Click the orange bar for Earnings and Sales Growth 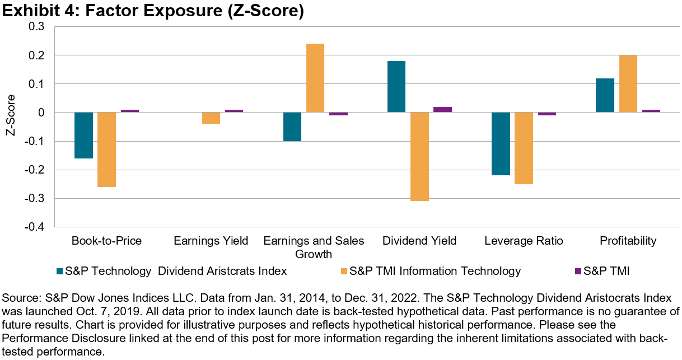tap(315, 78)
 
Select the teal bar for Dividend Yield tap(396, 87)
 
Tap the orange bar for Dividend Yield tap(419, 156)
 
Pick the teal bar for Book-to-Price tap(83, 135)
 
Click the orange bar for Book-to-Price tap(106, 149)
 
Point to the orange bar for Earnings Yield tap(211, 118)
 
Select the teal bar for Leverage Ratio tap(501, 144)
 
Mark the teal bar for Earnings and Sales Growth tap(292, 127)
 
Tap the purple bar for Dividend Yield tap(442, 110)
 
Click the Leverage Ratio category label tap(524, 241)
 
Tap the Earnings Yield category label tap(211, 241)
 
